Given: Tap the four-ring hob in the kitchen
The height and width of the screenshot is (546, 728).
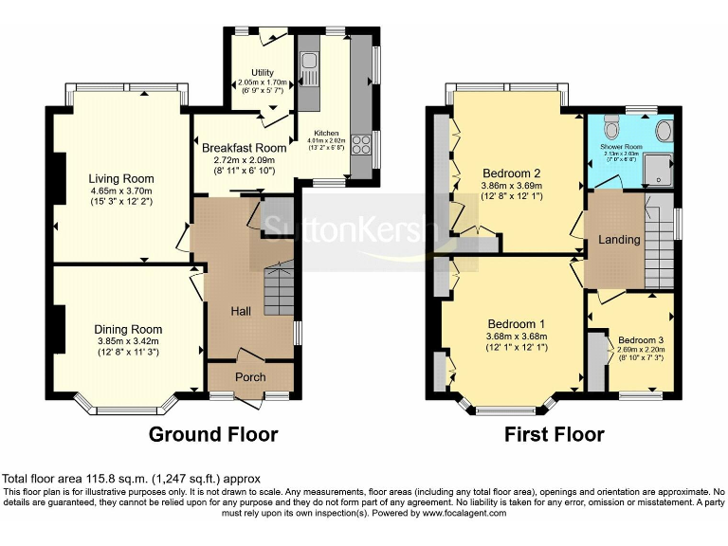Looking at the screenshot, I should pyautogui.click(x=361, y=145).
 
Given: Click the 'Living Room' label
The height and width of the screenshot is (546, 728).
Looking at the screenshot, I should pyautogui.click(x=121, y=178).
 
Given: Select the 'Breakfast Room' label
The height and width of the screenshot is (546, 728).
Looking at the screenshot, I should pyautogui.click(x=244, y=148).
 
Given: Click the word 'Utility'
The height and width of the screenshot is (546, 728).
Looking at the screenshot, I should pyautogui.click(x=263, y=73).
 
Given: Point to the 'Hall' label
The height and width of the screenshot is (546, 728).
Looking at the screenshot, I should pyautogui.click(x=242, y=310).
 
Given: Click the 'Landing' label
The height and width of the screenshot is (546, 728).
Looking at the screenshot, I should pyautogui.click(x=619, y=240).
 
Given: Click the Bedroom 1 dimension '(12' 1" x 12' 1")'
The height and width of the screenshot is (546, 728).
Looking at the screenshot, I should pyautogui.click(x=512, y=347).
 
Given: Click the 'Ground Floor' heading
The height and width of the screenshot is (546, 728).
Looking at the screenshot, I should pyautogui.click(x=213, y=435).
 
